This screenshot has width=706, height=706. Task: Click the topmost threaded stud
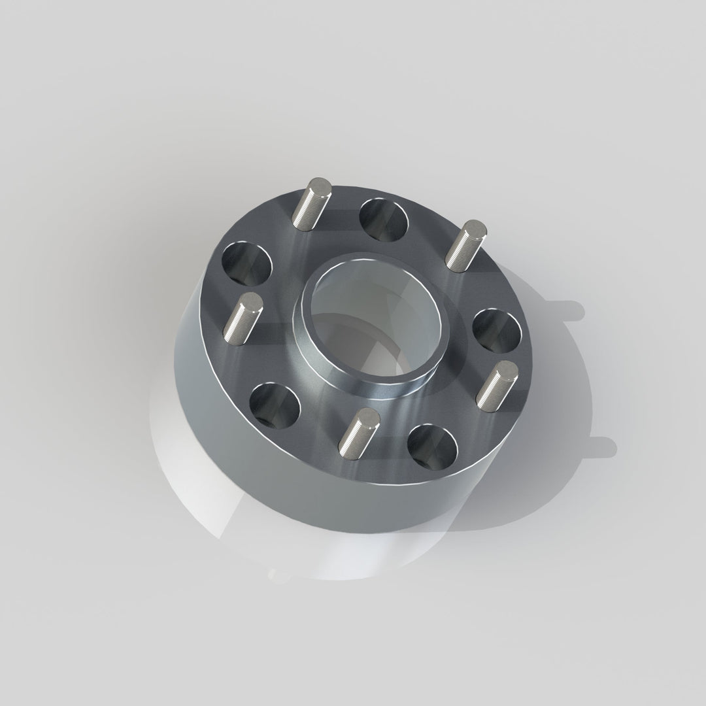(x=312, y=204)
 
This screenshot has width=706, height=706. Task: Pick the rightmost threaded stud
(x=496, y=383)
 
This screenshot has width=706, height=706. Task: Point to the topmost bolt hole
(x=384, y=218)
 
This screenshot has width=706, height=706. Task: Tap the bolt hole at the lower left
(x=275, y=405)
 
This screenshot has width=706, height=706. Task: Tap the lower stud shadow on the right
(x=598, y=446)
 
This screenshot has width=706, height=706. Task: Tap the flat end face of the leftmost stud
(x=251, y=303)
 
